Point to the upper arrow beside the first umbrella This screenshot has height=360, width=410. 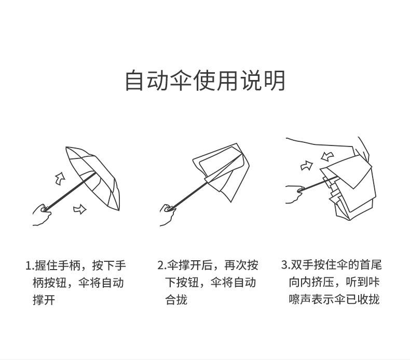pyautogui.click(x=60, y=178)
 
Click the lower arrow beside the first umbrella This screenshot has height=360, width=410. pyautogui.click(x=79, y=209)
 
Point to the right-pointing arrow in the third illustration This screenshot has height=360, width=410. pyautogui.click(x=307, y=166)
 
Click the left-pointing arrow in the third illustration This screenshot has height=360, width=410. pyautogui.click(x=327, y=155)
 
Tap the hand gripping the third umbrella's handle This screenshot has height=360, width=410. pyautogui.click(x=294, y=193)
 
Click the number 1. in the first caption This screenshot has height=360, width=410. pyautogui.click(x=29, y=265)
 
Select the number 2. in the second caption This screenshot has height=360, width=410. pyautogui.click(x=161, y=265)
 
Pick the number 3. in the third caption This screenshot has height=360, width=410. pyautogui.click(x=285, y=265)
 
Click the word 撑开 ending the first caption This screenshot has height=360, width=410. pyautogui.click(x=44, y=300)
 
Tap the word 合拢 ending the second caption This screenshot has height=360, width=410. pyautogui.click(x=176, y=300)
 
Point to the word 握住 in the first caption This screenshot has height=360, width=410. pyautogui.click(x=46, y=265)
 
